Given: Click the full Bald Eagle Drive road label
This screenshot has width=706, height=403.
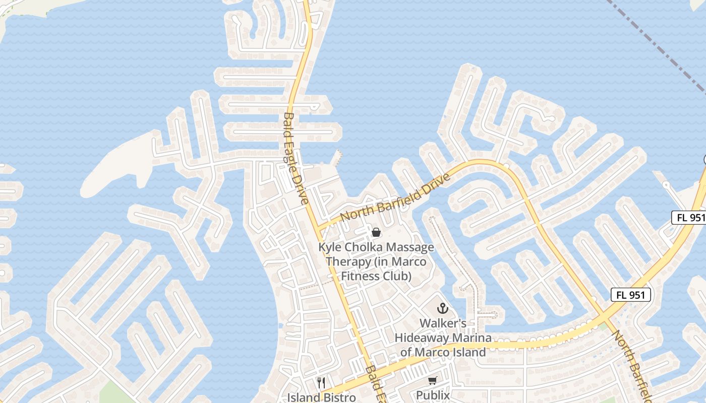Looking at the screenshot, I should pos(296,158).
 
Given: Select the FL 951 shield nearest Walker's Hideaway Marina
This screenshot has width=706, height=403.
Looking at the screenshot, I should pos(631,295).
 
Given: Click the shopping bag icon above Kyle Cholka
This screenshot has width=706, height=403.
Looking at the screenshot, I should pos(376,232).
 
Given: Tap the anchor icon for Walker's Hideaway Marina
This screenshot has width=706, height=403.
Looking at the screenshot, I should pos(443,308).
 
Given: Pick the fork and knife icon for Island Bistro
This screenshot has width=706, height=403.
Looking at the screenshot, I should pos(321,383).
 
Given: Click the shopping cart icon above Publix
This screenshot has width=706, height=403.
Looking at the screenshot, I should pos(433,381).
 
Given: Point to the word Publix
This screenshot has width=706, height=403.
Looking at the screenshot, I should pos(433,395).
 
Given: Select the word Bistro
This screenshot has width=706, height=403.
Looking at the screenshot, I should pos(340,397).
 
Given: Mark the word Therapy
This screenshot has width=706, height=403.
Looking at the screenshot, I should pos(345,262).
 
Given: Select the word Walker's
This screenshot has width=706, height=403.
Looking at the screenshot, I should pos(443,323).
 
